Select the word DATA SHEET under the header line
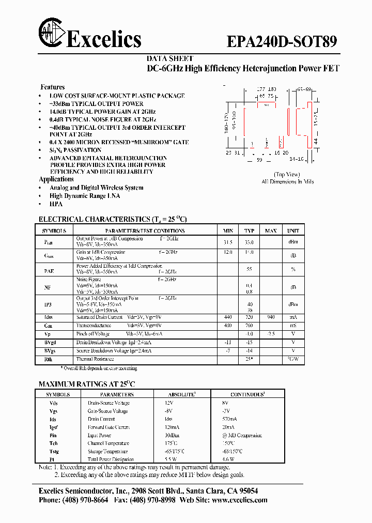tap(170, 59)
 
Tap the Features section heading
tap(53, 87)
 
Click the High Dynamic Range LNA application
tap(85, 196)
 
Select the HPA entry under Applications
tap(56, 204)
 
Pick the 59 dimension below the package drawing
tap(260, 160)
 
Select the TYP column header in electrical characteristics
tap(250, 230)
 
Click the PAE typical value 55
tap(249, 270)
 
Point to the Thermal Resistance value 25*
tap(249, 359)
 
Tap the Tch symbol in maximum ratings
tap(53, 443)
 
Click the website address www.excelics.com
tap(240, 500)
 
